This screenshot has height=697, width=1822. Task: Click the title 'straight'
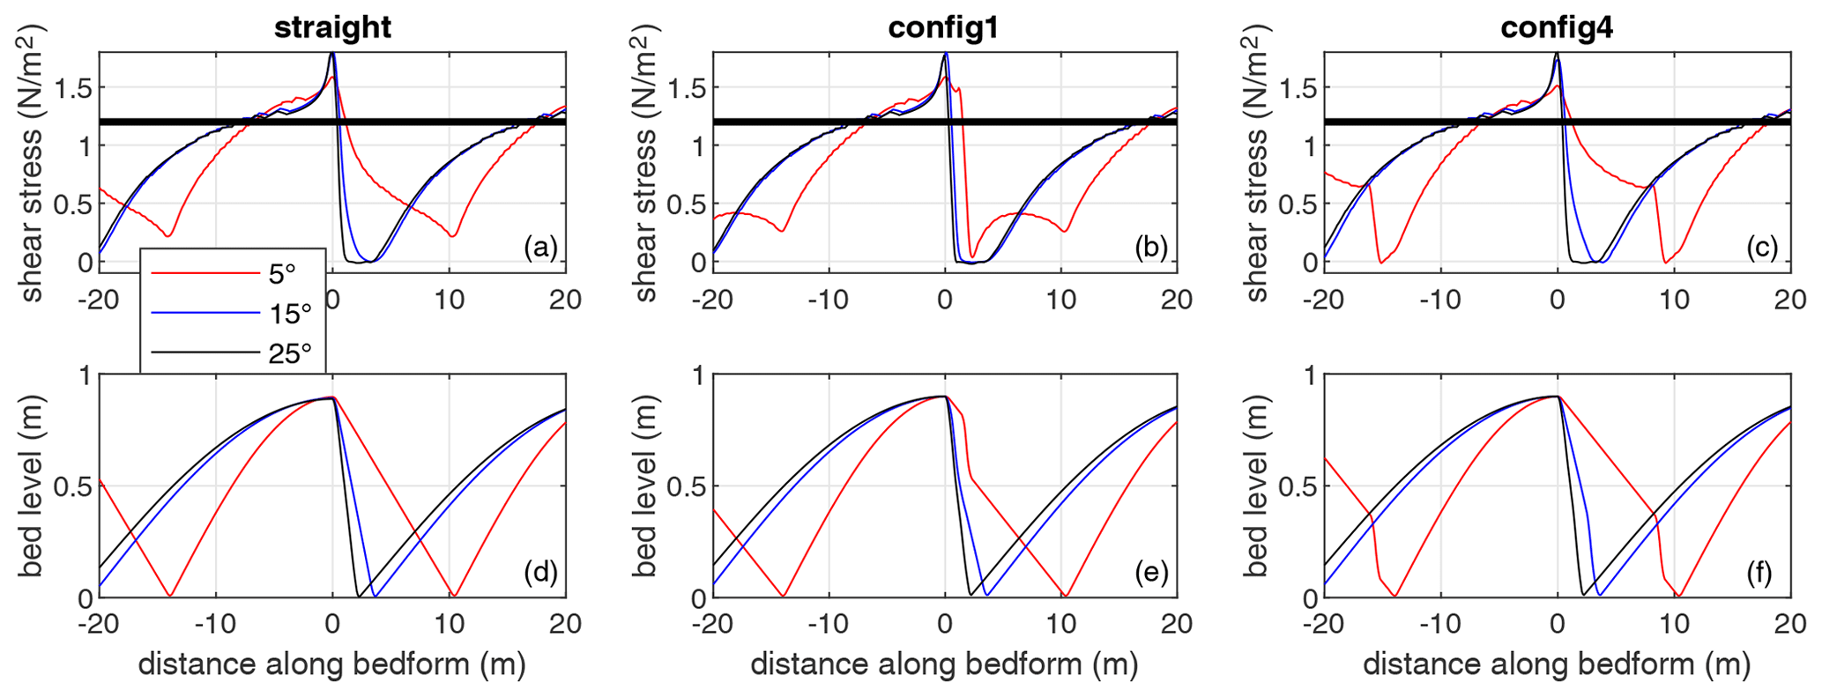pos(332,27)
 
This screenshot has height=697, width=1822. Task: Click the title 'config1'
pos(945,27)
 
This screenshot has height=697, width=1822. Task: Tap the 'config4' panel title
pos(1557,27)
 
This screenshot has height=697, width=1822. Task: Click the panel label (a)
pos(539,248)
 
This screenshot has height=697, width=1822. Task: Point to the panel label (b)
pos(1151,248)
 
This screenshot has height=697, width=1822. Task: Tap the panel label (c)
pos(1763,248)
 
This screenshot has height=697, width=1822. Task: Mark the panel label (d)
pos(539,574)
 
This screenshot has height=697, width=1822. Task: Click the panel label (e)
pos(1151,574)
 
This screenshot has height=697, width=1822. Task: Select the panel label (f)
pos(1763,574)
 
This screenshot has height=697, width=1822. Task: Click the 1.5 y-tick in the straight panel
pos(73,88)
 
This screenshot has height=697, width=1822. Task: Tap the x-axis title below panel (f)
pos(1557,664)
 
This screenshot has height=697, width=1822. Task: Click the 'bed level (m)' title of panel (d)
pos(31,486)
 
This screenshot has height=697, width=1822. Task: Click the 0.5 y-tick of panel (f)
pos(1298,486)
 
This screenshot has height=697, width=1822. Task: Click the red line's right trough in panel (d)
pos(453,595)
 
